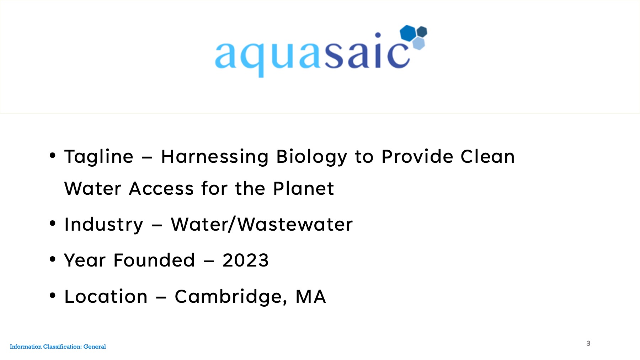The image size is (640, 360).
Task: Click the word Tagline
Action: coord(99,157)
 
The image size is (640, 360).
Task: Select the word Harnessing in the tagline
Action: coord(215,157)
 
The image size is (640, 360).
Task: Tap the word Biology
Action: coord(312,157)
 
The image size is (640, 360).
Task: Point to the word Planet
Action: coord(304,188)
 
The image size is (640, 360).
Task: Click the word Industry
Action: coord(104,225)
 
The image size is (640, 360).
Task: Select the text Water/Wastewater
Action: coord(262,224)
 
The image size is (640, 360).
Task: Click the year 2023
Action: coord(245,260)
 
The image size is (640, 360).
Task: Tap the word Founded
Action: coord(154,260)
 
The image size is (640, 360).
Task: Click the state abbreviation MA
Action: coord(311,297)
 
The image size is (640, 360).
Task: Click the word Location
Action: coord(106,296)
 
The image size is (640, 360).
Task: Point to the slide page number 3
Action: coord(588,343)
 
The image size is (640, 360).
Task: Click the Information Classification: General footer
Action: coord(58,346)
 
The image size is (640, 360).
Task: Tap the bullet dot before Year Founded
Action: coord(53,259)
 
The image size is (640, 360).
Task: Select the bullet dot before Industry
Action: coord(53,223)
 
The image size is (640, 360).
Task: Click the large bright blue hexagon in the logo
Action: coord(408,33)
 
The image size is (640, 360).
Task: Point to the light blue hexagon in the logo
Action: coord(419,44)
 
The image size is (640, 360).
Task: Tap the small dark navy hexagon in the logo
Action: coord(422,32)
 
